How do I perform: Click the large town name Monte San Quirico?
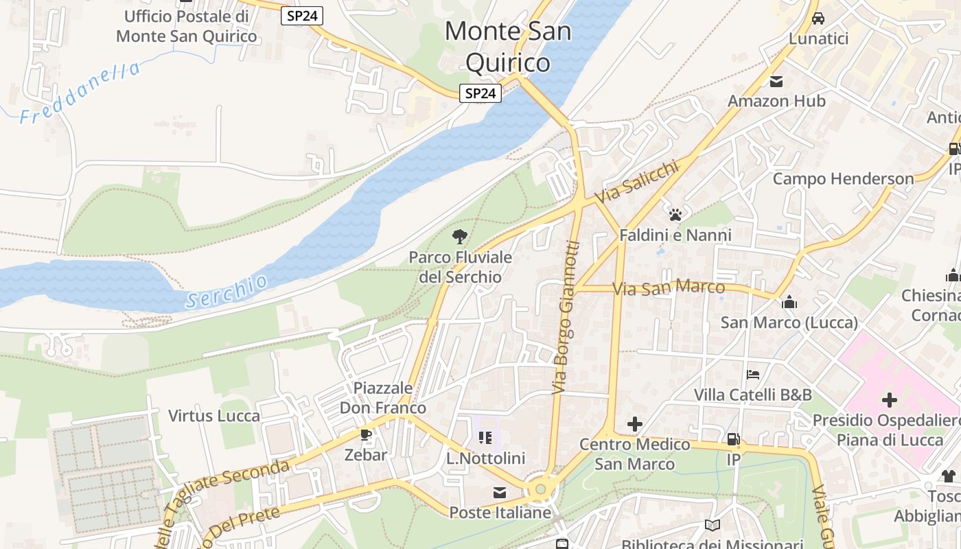click(508, 47)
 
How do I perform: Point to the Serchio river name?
click(227, 291)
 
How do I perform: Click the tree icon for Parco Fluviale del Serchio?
click(460, 237)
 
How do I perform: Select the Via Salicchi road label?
click(636, 180)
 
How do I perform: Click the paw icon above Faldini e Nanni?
click(675, 214)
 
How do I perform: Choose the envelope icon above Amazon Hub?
click(776, 82)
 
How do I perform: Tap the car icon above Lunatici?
click(818, 19)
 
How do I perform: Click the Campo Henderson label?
click(843, 179)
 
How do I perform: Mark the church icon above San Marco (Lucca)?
click(789, 302)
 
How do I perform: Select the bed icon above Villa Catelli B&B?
click(753, 375)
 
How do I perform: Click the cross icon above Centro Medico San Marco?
click(635, 424)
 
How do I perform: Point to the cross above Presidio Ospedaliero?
click(890, 399)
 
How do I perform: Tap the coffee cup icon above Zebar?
click(366, 435)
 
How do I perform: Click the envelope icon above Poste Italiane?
click(499, 493)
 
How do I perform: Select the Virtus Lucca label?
click(214, 416)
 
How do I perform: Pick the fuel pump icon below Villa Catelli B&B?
click(733, 439)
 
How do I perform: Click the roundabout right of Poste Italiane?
click(541, 489)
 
